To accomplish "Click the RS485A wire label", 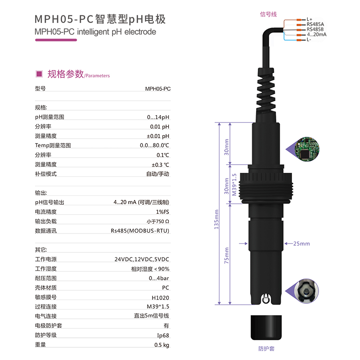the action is click(315, 24).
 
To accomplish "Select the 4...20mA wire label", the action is click(317, 35).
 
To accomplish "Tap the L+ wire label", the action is click(309, 19).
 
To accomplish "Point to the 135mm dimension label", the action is click(216, 219).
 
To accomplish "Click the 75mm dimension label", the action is click(226, 255).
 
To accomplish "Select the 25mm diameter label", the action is click(301, 243).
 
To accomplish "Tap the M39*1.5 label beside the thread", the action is click(234, 184).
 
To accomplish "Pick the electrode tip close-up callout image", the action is click(306, 291).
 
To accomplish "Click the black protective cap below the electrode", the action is click(266, 328).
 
